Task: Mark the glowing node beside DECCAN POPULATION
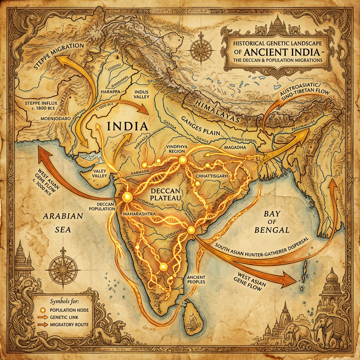(x=126, y=197)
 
